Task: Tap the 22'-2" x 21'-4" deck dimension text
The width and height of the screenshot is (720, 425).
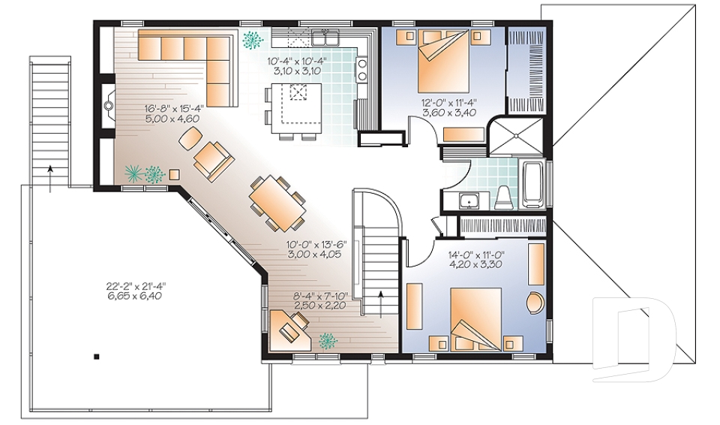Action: (x=136, y=291)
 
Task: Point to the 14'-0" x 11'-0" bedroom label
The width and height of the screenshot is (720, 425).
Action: (x=475, y=259)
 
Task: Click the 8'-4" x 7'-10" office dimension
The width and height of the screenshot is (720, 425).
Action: (x=324, y=301)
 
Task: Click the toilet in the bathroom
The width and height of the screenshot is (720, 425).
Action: (x=503, y=196)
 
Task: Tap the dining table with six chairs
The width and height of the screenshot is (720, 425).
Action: (x=276, y=200)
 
